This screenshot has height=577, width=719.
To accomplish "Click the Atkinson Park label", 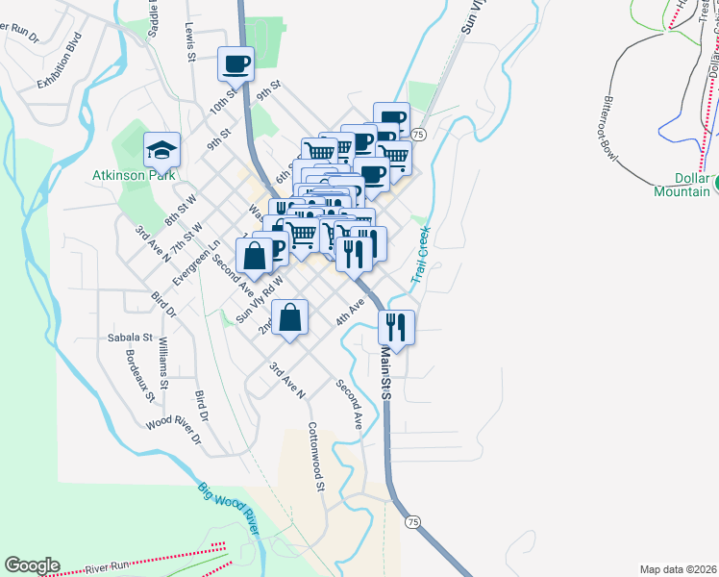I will point(134,175).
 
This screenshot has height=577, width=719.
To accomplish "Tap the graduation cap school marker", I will point(161,149).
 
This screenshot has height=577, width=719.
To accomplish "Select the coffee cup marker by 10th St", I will point(236,64).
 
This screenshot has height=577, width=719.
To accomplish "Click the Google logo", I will point(32,565).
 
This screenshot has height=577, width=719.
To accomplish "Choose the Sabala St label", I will point(128,338).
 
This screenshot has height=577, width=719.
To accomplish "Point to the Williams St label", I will point(166,364).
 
